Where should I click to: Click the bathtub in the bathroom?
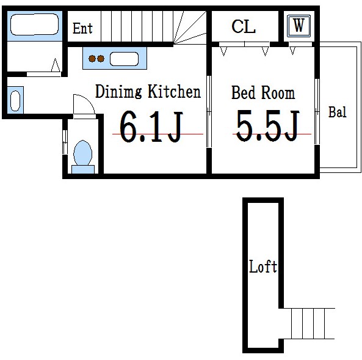point(35,24)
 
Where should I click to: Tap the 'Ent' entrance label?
point(82,29)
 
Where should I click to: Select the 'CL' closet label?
point(244,27)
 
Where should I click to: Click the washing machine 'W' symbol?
point(299,26)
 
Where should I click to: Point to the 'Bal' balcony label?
point(338,112)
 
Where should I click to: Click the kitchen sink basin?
point(124,59)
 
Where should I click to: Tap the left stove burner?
point(92,59)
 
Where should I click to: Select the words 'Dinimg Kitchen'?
point(148,92)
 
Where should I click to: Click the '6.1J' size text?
point(151,126)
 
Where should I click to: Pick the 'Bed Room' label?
point(263,92)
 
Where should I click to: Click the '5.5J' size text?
point(268,125)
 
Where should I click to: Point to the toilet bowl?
point(83,153)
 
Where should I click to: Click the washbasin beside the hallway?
point(15,101)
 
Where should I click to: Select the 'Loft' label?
point(263,266)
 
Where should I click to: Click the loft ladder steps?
point(309,323)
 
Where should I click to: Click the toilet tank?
point(83,169)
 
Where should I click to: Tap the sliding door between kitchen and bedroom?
point(209,112)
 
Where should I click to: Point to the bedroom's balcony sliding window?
point(317,112)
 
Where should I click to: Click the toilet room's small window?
point(65,142)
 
